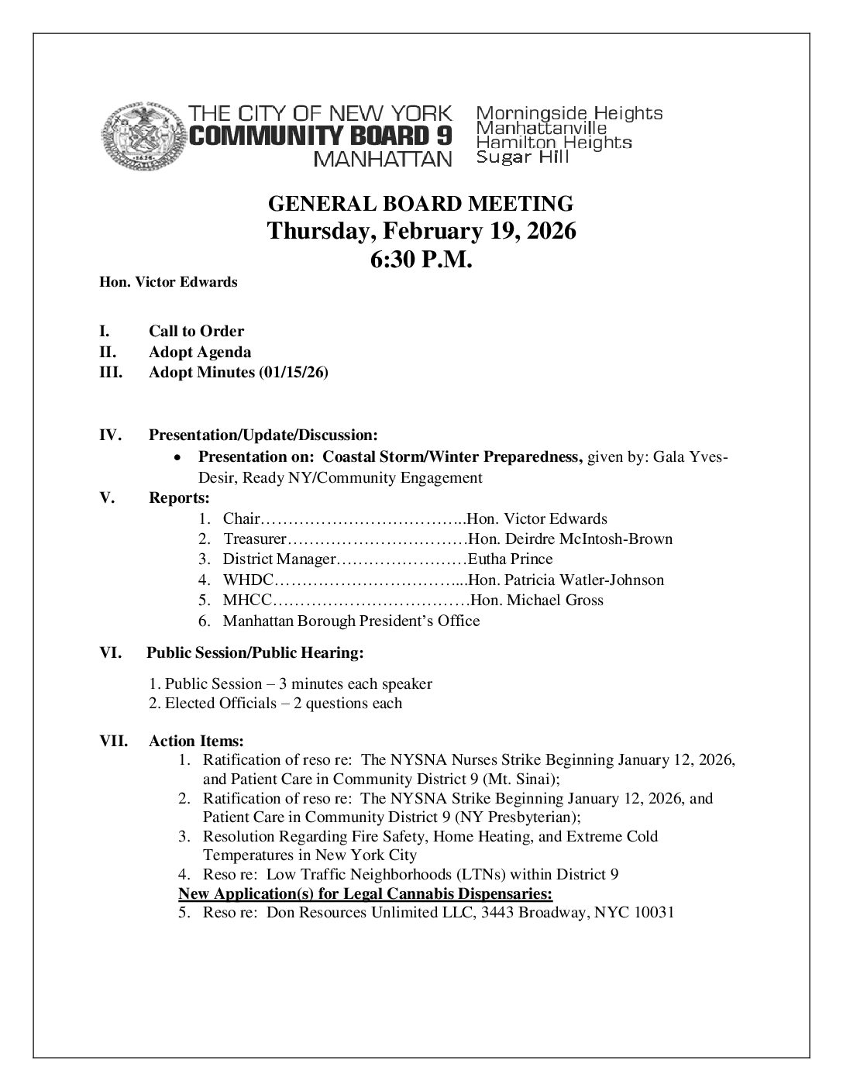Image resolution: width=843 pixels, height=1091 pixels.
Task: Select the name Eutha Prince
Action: [511, 559]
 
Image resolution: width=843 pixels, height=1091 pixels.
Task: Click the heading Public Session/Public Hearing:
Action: [255, 653]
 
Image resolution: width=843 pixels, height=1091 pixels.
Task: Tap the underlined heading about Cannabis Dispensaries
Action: [365, 894]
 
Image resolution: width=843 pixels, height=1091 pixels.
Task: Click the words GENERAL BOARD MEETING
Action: [421, 204]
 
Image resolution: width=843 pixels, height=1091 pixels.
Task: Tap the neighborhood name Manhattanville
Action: [541, 128]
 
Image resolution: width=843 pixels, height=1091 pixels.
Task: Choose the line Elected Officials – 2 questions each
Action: [275, 704]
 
